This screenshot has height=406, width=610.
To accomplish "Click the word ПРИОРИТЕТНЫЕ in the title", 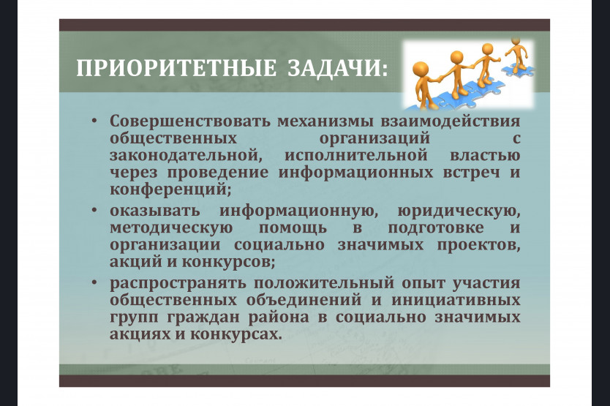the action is (x=176, y=68).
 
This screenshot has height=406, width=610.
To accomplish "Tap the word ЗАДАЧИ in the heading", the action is (x=334, y=68).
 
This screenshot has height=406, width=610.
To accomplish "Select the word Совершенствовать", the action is (x=190, y=121).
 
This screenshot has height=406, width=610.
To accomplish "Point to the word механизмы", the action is (x=325, y=121).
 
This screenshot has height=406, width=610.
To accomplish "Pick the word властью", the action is (x=485, y=155).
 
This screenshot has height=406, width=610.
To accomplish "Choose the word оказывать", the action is (x=155, y=211).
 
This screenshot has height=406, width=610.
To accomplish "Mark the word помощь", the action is (x=293, y=228).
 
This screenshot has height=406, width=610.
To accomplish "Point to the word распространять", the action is (x=178, y=283).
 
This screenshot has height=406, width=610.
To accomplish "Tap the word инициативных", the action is (x=456, y=301).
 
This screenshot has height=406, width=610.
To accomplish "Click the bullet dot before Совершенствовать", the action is (x=94, y=120).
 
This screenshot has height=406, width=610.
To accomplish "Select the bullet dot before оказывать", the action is (x=94, y=211).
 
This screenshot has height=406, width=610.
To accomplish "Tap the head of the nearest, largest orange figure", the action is (x=420, y=70).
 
